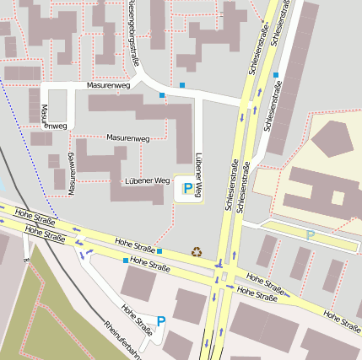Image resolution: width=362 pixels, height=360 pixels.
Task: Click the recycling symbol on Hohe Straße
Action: (x=197, y=250)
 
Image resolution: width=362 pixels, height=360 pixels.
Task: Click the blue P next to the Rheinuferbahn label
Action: (x=161, y=322)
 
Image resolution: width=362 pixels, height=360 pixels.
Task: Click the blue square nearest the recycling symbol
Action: (x=159, y=250)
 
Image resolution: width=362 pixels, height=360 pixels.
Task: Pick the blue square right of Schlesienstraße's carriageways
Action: (x=275, y=75)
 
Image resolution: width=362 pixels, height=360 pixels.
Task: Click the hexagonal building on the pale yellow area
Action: (x=336, y=140)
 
